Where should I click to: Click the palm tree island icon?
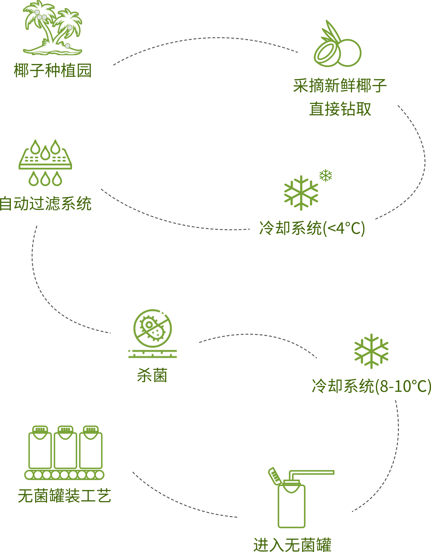point(53,28)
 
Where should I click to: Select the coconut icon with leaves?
point(337,43)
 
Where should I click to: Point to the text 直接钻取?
point(340,109)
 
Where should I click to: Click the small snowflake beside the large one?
point(325,175)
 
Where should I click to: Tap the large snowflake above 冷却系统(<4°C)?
point(301,193)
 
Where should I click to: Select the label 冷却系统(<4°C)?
point(312,228)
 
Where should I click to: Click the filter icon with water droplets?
point(45,163)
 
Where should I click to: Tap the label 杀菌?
point(152,375)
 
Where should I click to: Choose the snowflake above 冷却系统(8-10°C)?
point(371,351)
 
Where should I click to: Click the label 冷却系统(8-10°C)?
point(371,386)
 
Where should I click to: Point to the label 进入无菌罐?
point(292,545)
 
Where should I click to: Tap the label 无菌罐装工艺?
point(64,496)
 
